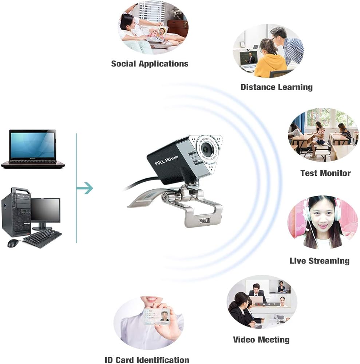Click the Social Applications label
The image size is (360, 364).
point(150,64)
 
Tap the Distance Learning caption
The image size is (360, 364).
point(276,87)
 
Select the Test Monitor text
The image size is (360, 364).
point(325,173)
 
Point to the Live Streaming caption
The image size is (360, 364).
point(319,261)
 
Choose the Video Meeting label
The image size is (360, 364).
point(261,340)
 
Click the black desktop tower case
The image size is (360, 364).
point(16,212)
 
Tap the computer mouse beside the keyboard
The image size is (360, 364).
point(13,243)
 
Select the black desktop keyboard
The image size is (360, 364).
point(42,239)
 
